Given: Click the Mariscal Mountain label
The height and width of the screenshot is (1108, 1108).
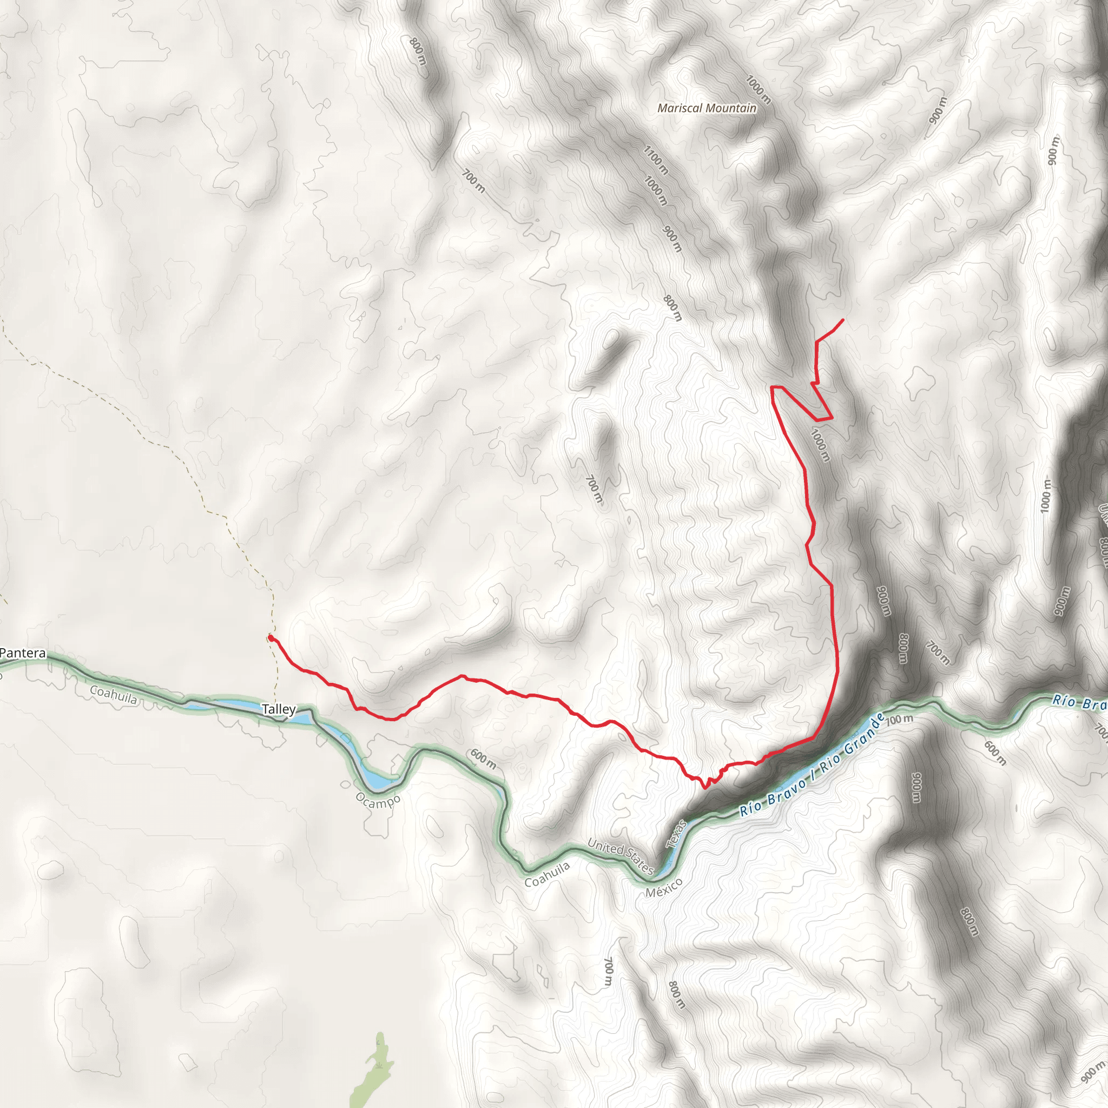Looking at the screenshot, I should point(707,108).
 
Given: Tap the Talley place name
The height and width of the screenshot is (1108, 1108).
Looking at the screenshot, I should point(279,709).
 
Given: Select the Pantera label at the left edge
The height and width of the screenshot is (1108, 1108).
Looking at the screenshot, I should point(23,652).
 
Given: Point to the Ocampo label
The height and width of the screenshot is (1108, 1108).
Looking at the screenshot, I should point(378,800).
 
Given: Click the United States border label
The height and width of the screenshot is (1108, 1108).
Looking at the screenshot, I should point(621,856).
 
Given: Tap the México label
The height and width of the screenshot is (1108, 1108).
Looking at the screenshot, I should point(663,888).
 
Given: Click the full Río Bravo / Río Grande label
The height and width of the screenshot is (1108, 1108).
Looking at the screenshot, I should point(812,766).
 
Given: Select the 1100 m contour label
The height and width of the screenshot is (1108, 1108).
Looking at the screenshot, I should point(656,160).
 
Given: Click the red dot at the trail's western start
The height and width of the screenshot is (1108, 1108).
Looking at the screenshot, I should point(270,637).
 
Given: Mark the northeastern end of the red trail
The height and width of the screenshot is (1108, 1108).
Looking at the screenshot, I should point(842,319).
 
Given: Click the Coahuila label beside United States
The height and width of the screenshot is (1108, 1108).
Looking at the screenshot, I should point(547,875).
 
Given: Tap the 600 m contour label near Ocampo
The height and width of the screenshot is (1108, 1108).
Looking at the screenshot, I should point(483,759).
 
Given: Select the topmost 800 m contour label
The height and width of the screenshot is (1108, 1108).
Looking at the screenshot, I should point(418,51).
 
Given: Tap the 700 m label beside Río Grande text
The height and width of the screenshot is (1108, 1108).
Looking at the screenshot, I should point(899,719).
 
